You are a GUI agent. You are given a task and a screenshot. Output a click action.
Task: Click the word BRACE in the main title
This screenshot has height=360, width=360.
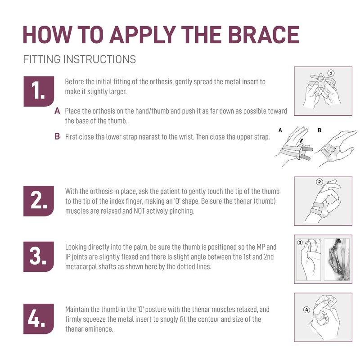(x=264, y=35)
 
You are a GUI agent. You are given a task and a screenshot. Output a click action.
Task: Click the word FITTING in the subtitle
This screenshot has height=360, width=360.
(x=41, y=59)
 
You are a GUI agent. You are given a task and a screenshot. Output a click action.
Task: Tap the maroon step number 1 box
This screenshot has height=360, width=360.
(x=39, y=91)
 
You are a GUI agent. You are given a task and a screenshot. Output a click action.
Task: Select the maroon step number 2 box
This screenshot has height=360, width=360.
(x=39, y=201)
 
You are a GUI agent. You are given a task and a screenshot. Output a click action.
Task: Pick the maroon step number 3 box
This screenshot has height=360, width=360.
(x=39, y=256)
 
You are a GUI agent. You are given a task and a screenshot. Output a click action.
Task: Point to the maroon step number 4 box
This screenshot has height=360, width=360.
(x=39, y=319)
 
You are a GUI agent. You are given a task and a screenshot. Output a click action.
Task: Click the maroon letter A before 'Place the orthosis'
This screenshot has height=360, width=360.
(x=57, y=111)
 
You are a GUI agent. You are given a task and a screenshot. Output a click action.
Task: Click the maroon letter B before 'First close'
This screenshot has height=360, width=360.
(x=57, y=136)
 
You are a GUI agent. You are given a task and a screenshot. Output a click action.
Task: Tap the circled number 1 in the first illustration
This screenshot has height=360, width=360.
(x=331, y=73)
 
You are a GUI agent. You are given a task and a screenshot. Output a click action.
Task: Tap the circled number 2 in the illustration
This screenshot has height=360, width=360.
(x=319, y=182)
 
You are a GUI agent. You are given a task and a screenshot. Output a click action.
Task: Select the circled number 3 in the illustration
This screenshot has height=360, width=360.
(x=300, y=243)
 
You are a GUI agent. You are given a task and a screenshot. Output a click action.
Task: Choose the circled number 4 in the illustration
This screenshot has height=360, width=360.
(x=307, y=310)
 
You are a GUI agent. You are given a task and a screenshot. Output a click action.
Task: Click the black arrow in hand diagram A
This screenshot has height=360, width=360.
(x=301, y=140)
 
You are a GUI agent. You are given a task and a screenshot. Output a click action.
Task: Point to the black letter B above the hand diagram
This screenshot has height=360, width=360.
(x=319, y=130)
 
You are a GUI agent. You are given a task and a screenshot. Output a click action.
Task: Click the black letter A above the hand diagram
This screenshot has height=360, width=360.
(x=280, y=130)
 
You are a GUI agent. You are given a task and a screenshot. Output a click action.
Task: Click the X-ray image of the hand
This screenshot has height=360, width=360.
(x=337, y=260)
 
